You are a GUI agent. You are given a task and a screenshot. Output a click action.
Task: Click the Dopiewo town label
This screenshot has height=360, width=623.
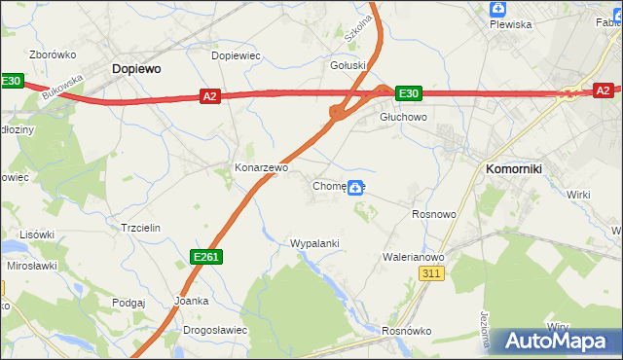[x=136, y=69]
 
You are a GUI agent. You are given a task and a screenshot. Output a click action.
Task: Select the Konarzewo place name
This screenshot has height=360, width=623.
[x=261, y=167]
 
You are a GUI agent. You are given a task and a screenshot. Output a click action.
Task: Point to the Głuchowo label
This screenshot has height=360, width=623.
[x=403, y=117]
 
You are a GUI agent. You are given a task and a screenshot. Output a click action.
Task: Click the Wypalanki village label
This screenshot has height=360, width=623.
[x=314, y=242]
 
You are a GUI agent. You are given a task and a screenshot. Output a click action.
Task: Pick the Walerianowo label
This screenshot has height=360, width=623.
[x=414, y=257]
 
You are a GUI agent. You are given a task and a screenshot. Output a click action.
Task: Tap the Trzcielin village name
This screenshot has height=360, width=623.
[x=140, y=227]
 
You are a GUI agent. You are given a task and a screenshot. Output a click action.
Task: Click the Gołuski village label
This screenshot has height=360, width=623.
[x=348, y=66]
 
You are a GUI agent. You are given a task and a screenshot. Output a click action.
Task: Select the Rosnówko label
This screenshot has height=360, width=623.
[x=407, y=331]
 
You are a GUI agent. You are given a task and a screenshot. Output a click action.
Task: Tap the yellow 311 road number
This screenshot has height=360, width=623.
[x=433, y=275]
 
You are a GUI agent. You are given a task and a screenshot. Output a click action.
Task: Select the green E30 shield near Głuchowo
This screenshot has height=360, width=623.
[x=409, y=93]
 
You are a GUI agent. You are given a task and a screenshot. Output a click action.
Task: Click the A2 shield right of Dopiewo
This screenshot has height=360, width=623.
[x=209, y=95]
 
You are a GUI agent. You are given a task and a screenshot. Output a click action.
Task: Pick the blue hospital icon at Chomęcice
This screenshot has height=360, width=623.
[x=357, y=187]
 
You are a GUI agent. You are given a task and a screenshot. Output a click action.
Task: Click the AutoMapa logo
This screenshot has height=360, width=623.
[x=557, y=342]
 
